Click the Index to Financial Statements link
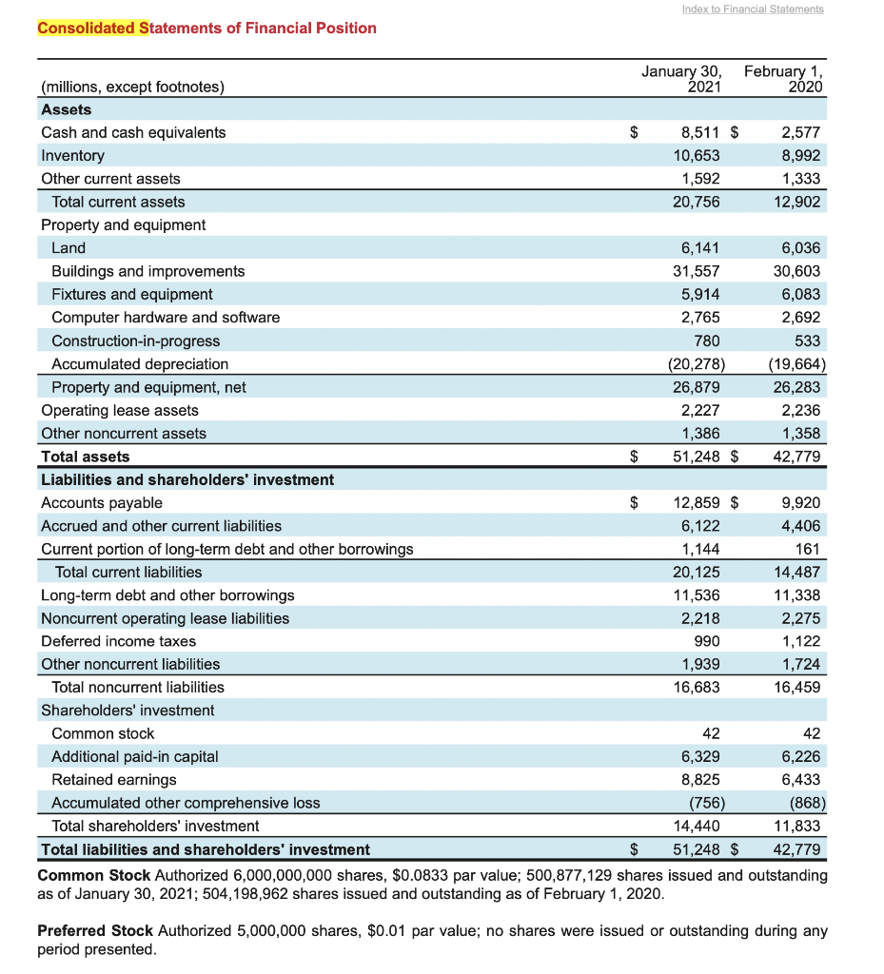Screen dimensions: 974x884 coord(753,9)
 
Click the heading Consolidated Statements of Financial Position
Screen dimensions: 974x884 coord(206,28)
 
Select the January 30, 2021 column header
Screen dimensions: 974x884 coord(681,79)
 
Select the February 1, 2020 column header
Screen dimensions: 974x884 coord(784,79)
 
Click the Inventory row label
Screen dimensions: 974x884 coord(72,155)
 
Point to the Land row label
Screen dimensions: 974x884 coord(69,248)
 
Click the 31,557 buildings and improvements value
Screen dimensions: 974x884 coord(697,271)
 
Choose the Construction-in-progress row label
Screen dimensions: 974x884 coord(135,341)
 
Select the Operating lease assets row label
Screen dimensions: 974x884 coord(120,410)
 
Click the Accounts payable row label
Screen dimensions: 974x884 coord(102,502)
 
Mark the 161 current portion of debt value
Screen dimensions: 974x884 coord(807,549)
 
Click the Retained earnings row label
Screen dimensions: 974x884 coord(114,779)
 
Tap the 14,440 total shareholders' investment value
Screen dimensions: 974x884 coord(697,826)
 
